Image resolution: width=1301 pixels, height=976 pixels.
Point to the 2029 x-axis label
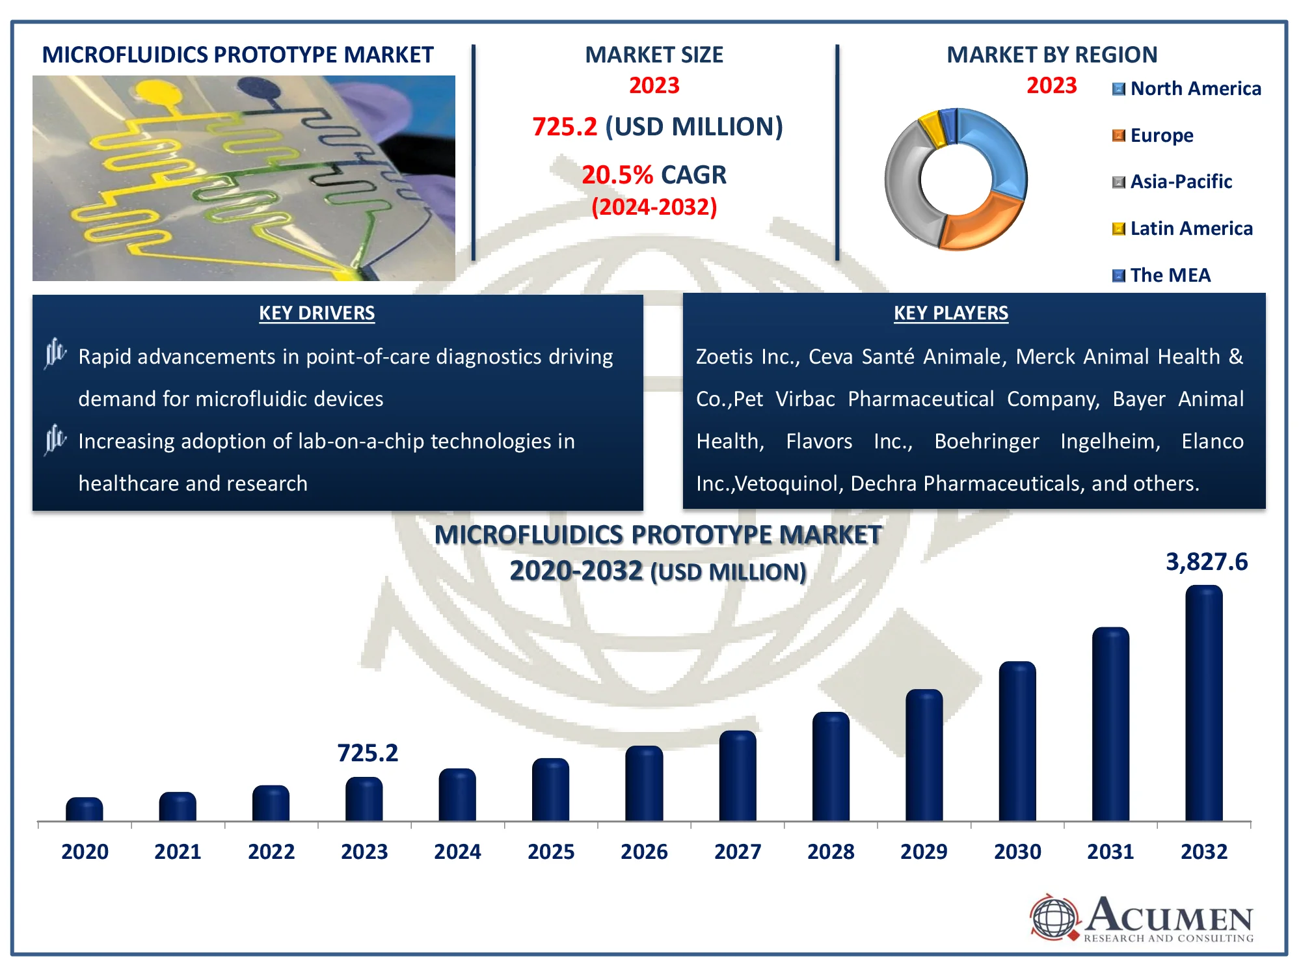click(x=924, y=851)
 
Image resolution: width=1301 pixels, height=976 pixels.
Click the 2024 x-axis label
click(x=457, y=851)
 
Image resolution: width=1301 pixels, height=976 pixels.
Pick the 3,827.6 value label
click(x=1206, y=562)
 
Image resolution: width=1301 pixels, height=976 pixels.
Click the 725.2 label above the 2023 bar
click(x=368, y=753)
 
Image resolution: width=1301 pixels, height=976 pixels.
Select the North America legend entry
click(x=1187, y=88)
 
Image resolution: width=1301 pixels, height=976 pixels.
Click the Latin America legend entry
click(x=1183, y=228)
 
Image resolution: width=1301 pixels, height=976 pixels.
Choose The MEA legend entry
click(x=1162, y=275)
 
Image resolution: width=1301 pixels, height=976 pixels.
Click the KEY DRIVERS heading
click(x=317, y=313)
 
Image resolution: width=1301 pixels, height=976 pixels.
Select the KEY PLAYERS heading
click(x=950, y=313)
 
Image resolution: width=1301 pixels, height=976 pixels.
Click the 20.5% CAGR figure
click(x=654, y=174)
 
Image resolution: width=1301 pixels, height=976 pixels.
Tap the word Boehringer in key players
click(x=986, y=441)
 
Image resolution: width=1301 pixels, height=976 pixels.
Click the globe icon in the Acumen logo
click(x=1054, y=917)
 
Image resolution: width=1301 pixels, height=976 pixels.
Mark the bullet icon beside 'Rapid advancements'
click(x=55, y=353)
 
